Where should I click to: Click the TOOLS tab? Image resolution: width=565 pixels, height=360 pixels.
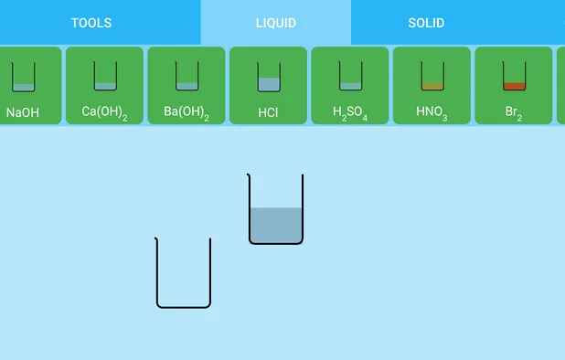[91, 23]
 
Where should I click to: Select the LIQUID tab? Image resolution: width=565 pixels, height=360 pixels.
[275, 23]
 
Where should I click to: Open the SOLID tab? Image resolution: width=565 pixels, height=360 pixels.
[426, 23]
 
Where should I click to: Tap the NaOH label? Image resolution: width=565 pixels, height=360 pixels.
[23, 113]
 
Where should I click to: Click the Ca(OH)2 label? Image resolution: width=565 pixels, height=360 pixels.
[104, 113]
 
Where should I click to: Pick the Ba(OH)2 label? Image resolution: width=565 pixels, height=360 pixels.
[187, 113]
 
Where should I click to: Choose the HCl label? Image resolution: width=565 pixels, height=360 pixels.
[268, 113]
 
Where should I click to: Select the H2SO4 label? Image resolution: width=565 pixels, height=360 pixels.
[350, 114]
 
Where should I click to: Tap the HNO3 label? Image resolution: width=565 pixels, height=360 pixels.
[432, 113]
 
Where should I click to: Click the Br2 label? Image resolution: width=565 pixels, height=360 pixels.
[513, 113]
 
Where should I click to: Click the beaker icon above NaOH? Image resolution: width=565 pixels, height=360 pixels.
[23, 77]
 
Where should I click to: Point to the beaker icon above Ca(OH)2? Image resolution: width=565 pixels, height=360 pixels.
[105, 77]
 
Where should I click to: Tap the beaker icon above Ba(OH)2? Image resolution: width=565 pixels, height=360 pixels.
[187, 77]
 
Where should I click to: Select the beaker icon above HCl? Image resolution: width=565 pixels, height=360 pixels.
[269, 77]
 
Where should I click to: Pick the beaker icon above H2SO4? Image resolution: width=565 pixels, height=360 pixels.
[350, 77]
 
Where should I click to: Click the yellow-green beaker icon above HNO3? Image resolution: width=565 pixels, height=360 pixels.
[432, 77]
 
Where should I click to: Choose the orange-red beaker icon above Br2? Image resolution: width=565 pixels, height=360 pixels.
[514, 77]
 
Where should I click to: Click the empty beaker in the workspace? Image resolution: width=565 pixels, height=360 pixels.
[184, 274]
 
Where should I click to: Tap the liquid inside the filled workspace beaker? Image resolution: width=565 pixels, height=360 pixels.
[275, 225]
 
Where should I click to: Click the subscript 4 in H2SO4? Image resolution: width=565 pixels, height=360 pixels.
[364, 118]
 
